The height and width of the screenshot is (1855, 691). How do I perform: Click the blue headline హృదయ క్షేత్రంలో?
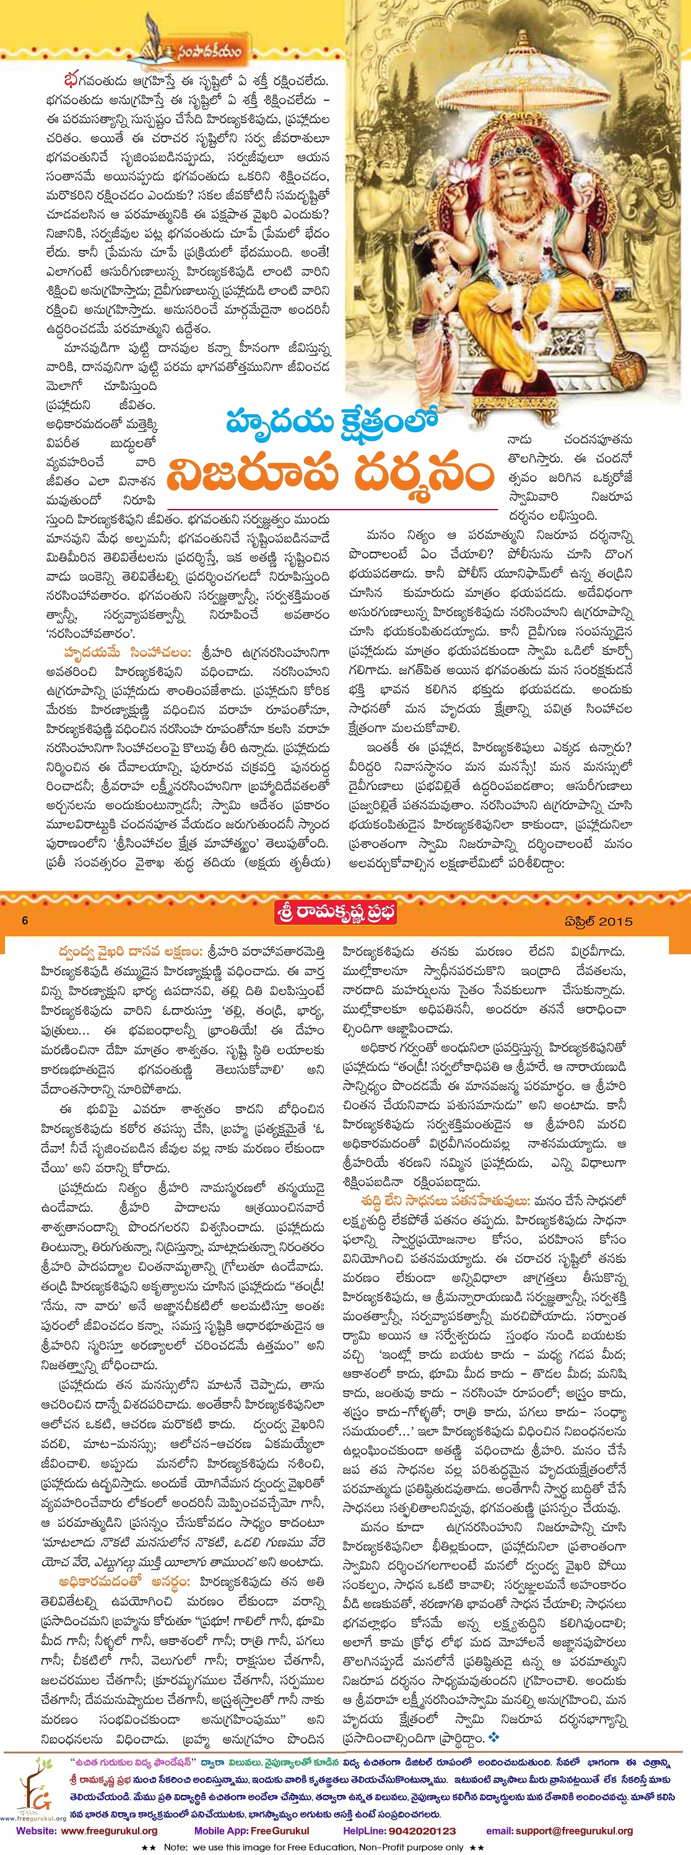point(332,420)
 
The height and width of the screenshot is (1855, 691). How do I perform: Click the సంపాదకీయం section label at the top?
point(205,52)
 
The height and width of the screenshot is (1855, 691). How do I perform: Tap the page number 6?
point(25,920)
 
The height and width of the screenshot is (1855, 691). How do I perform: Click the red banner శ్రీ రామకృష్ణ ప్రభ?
point(336,913)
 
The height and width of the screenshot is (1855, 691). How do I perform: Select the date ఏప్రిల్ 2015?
point(598,921)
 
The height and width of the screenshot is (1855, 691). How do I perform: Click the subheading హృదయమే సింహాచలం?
point(127,653)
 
